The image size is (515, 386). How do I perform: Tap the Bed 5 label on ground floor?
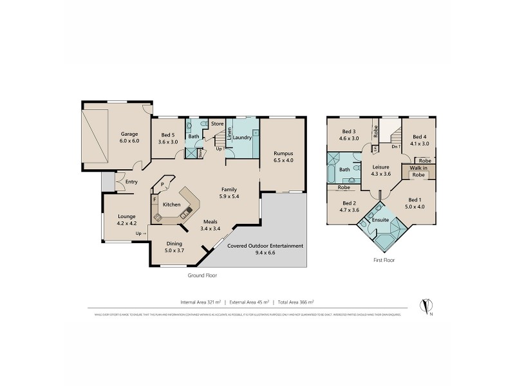click(167, 135)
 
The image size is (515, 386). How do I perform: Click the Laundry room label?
click(241, 137)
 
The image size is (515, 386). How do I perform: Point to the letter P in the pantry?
click(164, 183)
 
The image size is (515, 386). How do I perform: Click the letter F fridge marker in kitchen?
click(154, 199)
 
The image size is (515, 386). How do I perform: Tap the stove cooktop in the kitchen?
click(156, 217)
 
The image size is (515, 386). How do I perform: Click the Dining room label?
click(174, 243)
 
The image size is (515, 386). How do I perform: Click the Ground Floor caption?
click(203, 275)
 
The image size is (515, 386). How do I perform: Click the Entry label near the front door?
click(131, 181)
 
